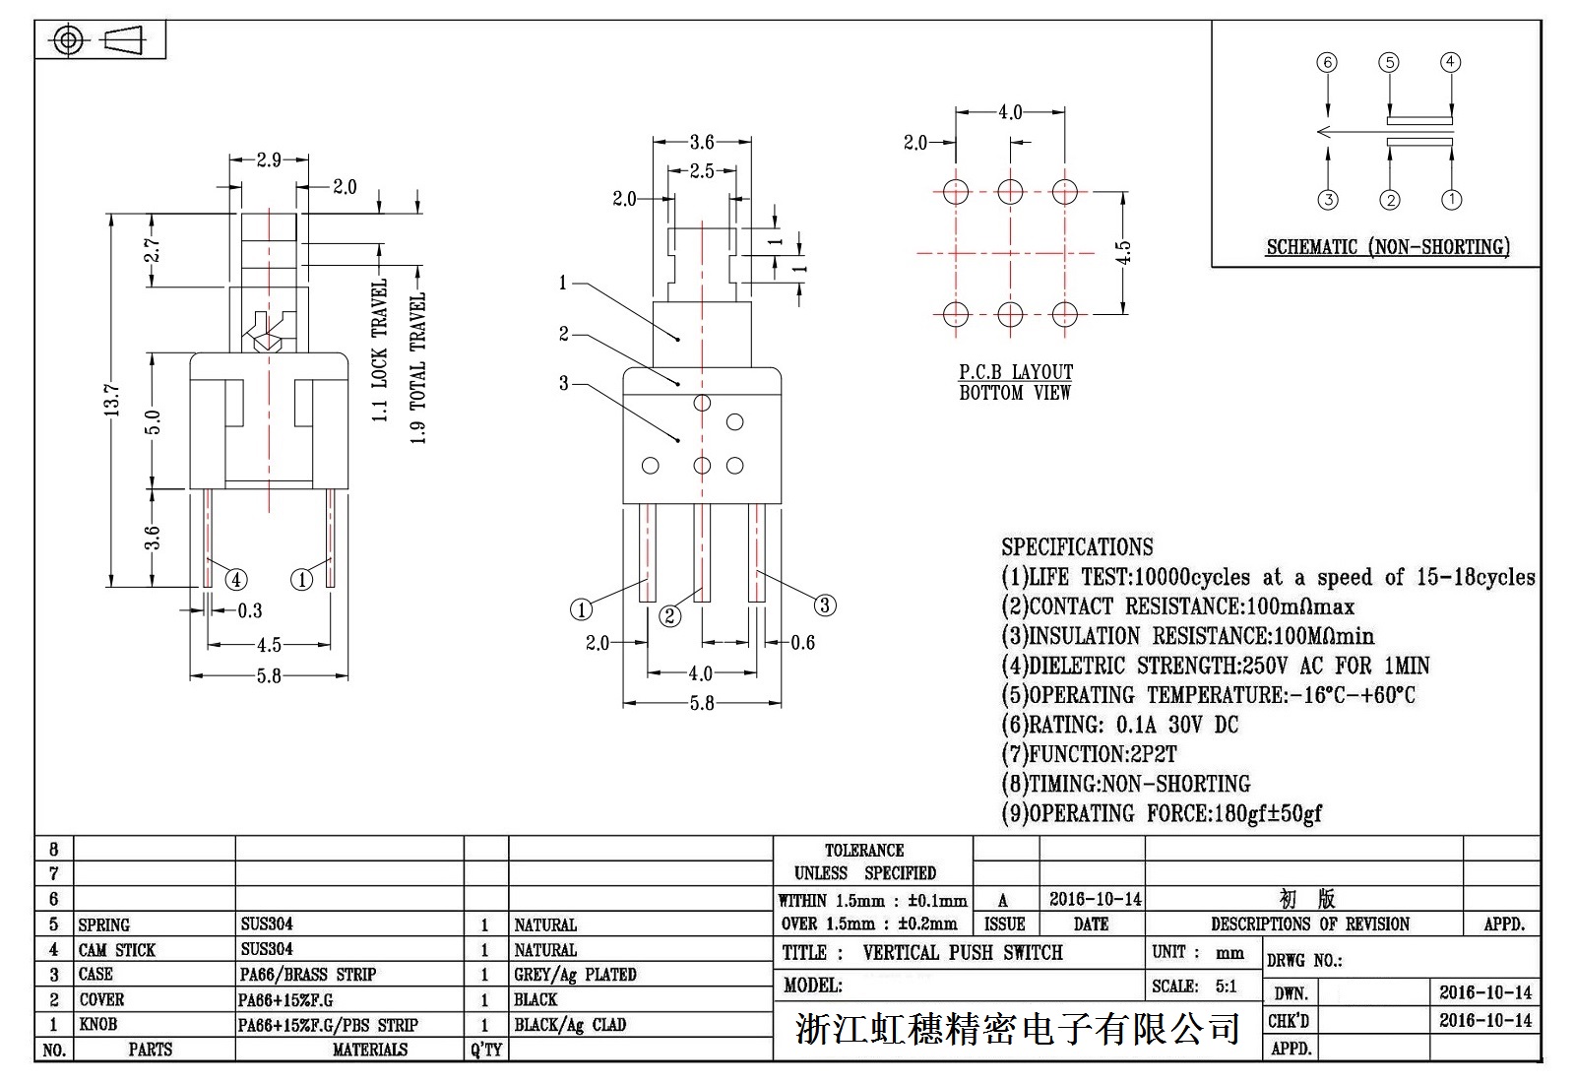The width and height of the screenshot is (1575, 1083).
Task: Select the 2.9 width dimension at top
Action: tap(269, 159)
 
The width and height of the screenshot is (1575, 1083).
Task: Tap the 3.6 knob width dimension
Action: tap(702, 143)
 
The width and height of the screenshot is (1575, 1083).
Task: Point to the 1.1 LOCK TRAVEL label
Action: tap(380, 350)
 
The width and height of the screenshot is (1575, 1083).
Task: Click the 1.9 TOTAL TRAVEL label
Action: tap(418, 367)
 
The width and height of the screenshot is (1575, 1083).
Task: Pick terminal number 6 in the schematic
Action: tap(1328, 63)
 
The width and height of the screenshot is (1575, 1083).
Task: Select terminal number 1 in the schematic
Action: tap(1451, 200)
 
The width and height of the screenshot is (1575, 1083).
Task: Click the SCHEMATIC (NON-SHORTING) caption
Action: tap(1388, 247)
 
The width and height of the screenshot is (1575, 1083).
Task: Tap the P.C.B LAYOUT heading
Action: tap(1016, 372)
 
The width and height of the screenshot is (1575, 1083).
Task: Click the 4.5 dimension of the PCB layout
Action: tap(1124, 252)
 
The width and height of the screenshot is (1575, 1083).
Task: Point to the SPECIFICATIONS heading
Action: tap(1077, 547)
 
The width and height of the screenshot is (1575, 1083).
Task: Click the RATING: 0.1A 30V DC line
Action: tap(1120, 726)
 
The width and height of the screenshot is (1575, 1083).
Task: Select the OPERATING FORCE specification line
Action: tap(1162, 814)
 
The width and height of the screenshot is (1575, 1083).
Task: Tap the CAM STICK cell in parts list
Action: tap(117, 950)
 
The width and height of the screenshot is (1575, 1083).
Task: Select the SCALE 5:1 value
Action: tap(1227, 987)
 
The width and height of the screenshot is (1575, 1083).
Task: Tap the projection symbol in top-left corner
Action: tap(99, 40)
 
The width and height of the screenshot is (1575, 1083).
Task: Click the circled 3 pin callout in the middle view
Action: tap(825, 605)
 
